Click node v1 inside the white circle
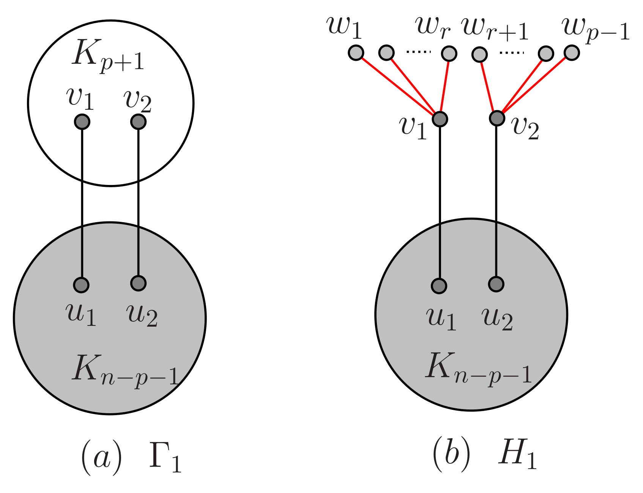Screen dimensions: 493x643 (x=82, y=122)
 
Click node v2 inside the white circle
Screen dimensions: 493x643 (x=138, y=122)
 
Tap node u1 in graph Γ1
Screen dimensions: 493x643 (x=81, y=284)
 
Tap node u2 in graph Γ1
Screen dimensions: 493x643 (x=138, y=283)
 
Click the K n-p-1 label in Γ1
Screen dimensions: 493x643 (x=125, y=370)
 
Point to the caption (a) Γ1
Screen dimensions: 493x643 (x=131, y=458)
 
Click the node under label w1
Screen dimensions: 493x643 (x=356, y=53)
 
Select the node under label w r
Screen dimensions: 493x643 (x=449, y=53)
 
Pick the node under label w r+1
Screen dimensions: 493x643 (x=479, y=54)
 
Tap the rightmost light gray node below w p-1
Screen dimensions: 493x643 (x=572, y=53)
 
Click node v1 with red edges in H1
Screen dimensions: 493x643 (x=440, y=119)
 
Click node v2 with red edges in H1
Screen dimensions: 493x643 (x=497, y=118)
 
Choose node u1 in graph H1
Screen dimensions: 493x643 (x=439, y=286)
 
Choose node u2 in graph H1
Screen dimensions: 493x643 (x=496, y=284)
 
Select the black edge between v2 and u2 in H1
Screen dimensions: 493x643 (x=496, y=201)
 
